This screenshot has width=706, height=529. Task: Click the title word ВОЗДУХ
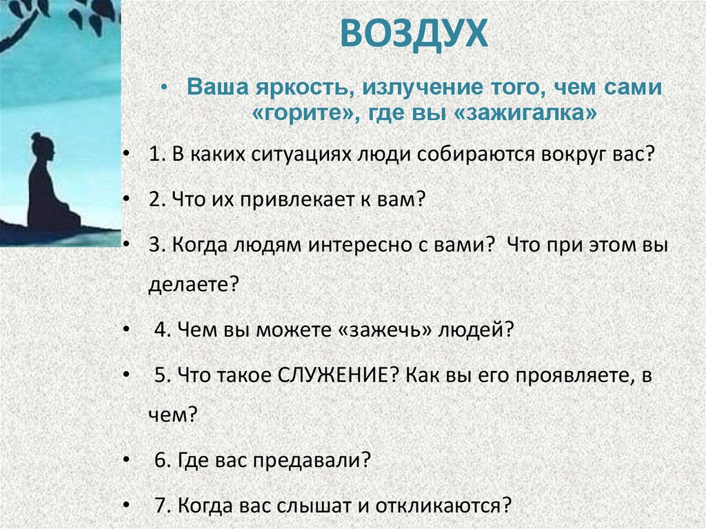pos(414,34)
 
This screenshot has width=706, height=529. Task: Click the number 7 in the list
pos(161,506)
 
